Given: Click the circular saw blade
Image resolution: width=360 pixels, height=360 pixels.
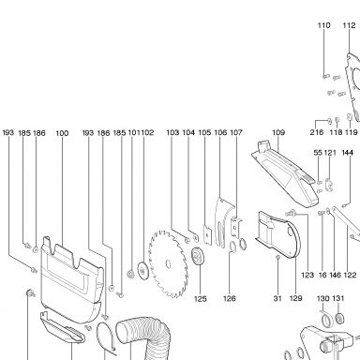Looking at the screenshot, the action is pos(169,264).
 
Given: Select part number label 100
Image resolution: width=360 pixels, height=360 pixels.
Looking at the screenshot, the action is pos(62,133).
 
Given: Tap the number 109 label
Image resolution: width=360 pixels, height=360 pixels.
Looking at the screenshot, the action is pos(278,132).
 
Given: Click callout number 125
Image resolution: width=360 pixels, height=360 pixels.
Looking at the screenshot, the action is pos(201,299).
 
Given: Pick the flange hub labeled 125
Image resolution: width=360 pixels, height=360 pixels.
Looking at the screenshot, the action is pos(198,256).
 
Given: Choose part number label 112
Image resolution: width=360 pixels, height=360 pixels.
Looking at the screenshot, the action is pos(350,25).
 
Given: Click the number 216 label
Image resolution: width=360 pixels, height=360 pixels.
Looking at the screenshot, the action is pos(317,132).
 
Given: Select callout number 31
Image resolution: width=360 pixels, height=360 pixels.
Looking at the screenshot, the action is pos(277,298).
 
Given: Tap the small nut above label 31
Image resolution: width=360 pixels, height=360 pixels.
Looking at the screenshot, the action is pos(277,257).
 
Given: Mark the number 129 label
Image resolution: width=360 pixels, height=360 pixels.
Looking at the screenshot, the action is pos(295,298).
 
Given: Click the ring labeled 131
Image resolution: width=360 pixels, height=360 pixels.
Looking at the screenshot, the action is pos(340,318).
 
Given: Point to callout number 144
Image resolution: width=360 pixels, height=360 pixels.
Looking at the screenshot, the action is pos(348,153).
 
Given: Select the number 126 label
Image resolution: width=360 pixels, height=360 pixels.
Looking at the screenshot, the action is pos(230,299).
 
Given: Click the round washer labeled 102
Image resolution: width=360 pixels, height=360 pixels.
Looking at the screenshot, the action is pos(143,270).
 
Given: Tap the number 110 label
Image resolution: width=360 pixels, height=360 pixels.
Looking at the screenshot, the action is pos(324,25).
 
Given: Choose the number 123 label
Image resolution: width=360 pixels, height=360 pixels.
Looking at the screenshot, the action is pos(307,275).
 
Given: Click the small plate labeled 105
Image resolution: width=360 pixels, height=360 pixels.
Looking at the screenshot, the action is pos(208,234).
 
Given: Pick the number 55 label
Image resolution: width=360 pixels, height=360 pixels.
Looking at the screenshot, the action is pos(318,153).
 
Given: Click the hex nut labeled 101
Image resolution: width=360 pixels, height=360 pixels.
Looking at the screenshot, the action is pos(129,274).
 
